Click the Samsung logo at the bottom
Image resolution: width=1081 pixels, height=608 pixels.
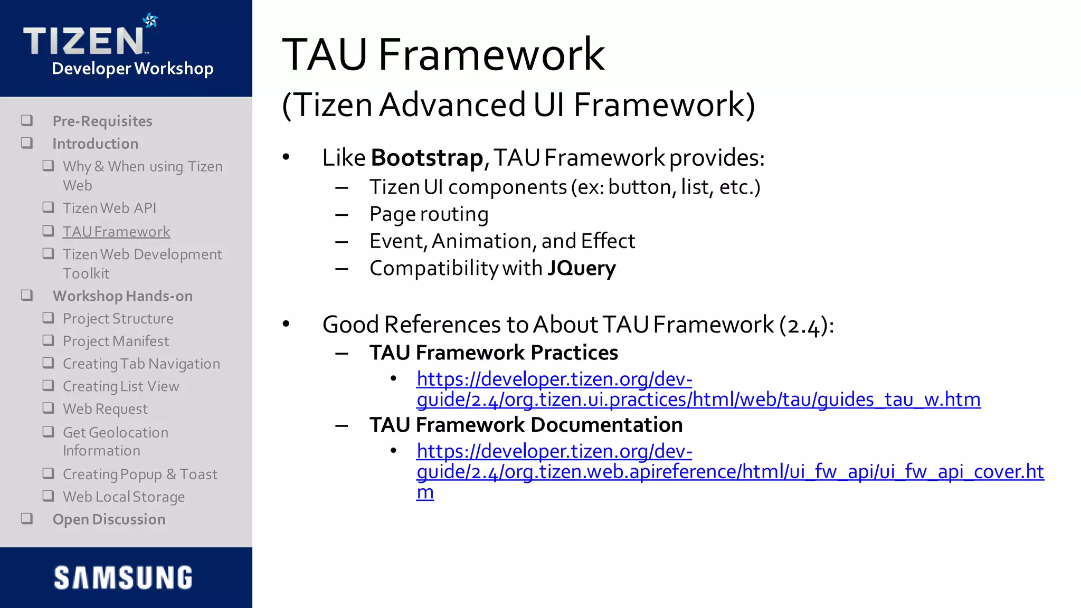tap(124, 577)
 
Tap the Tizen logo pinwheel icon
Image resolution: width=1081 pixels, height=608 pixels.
tap(150, 21)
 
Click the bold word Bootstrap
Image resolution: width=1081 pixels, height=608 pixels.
tap(426, 158)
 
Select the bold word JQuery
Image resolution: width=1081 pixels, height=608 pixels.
tap(581, 268)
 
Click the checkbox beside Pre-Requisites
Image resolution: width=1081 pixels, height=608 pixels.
tap(27, 121)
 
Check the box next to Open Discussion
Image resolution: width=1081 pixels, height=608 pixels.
tap(27, 519)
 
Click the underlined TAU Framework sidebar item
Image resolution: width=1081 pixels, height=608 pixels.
tap(116, 232)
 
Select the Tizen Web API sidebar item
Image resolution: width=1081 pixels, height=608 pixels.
tap(109, 208)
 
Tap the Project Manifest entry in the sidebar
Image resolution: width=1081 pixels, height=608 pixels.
tap(116, 341)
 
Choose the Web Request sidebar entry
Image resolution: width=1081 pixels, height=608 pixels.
tap(105, 409)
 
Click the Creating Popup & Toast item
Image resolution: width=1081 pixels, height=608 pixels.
tap(140, 474)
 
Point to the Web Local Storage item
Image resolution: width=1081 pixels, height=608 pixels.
tap(124, 497)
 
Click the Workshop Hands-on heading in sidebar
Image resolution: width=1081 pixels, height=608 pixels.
tap(122, 296)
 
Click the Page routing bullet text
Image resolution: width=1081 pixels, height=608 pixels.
tap(429, 214)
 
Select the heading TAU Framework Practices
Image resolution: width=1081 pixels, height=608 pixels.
tap(494, 353)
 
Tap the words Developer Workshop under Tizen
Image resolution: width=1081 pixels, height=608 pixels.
tap(132, 69)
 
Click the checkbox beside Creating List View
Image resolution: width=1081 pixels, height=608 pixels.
tap(48, 386)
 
